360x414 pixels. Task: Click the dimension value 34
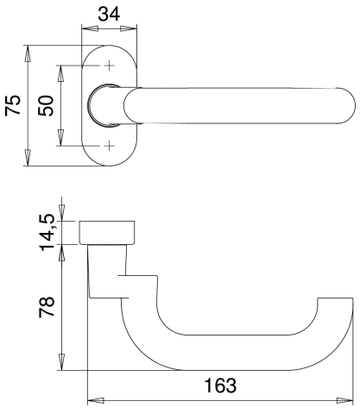109,14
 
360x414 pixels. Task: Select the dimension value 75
13,105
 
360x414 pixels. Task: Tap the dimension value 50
46,106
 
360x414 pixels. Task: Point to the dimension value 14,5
47,232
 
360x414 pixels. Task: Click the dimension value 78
47,307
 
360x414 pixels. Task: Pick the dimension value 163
220,386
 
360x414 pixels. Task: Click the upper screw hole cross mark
109,66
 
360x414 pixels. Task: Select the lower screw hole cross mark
109,146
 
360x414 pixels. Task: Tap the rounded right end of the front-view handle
349,105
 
